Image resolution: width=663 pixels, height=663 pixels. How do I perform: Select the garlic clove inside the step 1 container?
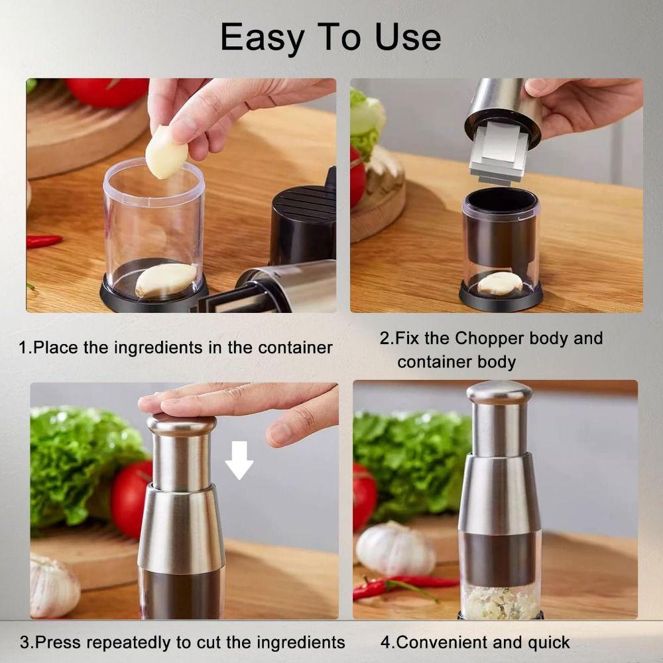point(166,280)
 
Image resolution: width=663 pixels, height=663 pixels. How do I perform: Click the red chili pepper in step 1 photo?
point(44,241)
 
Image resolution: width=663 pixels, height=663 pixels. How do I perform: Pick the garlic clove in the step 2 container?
point(499,283)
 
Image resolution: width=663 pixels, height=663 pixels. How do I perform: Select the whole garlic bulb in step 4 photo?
point(395,548)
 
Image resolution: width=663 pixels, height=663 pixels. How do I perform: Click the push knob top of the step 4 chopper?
point(499,391)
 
